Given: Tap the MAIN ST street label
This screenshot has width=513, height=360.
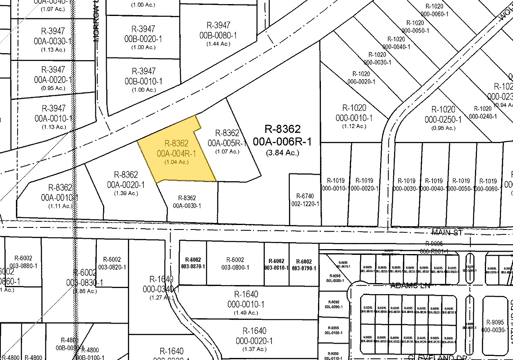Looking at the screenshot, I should click(x=447, y=232).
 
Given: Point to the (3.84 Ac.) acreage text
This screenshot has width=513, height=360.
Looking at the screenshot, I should click(x=282, y=153).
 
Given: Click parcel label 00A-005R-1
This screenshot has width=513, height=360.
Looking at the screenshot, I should click(x=227, y=143).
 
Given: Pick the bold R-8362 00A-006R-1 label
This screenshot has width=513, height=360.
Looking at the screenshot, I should click(x=282, y=135).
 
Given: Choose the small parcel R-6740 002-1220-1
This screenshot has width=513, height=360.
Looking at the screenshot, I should click(x=305, y=200).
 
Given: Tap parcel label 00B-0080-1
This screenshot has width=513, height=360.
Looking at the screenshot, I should click(x=218, y=36).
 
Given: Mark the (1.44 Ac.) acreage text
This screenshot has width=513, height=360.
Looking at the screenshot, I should click(x=218, y=44).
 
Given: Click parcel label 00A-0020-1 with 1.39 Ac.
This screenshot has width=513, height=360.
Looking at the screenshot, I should click(x=126, y=185).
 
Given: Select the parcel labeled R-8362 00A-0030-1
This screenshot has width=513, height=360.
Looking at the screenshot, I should click(x=187, y=202).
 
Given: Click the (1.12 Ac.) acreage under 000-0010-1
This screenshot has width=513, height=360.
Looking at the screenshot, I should click(x=354, y=126).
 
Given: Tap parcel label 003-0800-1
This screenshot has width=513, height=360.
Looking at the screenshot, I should click(x=235, y=268).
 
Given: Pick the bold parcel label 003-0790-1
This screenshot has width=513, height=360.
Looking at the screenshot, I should click(x=303, y=268).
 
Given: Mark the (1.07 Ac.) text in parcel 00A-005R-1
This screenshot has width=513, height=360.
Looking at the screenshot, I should click(x=227, y=151).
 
